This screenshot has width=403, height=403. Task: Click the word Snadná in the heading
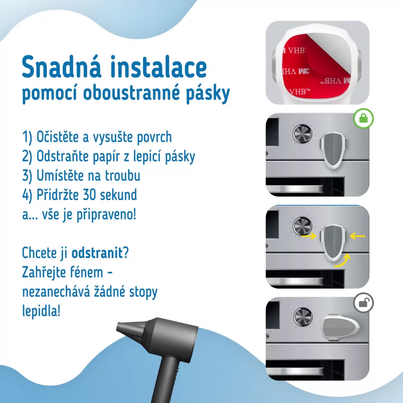click(x=61, y=67)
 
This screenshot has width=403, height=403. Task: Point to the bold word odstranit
click(x=97, y=253)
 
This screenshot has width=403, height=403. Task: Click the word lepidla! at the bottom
click(x=41, y=311)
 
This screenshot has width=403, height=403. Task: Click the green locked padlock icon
click(x=363, y=119)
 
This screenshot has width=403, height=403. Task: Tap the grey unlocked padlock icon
click(x=363, y=303)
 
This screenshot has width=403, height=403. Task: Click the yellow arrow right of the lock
click(x=357, y=236)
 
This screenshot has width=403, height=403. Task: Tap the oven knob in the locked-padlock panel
click(x=303, y=134)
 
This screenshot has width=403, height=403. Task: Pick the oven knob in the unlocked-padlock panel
click(x=303, y=317)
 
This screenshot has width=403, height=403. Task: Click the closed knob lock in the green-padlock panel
click(x=333, y=150)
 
